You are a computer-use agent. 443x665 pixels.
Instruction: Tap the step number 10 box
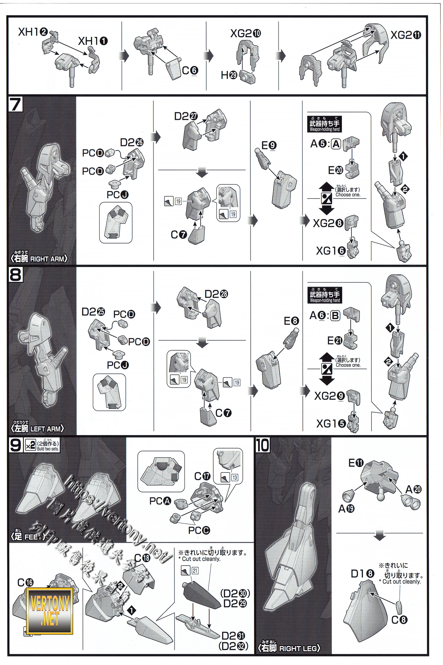pyautogui.click(x=262, y=445)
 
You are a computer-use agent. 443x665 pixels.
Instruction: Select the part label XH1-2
pyautogui.click(x=32, y=32)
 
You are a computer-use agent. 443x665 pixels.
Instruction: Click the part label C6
pyautogui.click(x=190, y=70)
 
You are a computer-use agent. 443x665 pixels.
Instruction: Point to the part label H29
pyautogui.click(x=229, y=75)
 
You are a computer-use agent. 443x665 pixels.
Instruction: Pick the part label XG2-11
pyautogui.click(x=406, y=35)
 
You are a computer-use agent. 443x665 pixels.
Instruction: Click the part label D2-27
pyautogui.click(x=186, y=116)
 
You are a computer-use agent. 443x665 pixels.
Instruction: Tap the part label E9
pyautogui.click(x=269, y=145)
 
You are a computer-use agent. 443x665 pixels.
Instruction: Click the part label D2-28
pyautogui.click(x=216, y=294)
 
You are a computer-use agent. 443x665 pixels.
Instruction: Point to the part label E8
pyautogui.click(x=291, y=321)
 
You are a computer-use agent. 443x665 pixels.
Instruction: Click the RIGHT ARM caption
pyautogui.click(x=39, y=259)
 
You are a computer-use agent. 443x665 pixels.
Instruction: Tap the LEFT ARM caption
pyautogui.click(x=38, y=429)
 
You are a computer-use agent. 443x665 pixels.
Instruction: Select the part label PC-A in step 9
pyautogui.click(x=160, y=501)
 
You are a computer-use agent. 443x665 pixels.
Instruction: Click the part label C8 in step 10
pyautogui.click(x=400, y=620)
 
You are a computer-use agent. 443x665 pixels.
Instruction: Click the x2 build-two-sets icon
pyautogui.click(x=30, y=446)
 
